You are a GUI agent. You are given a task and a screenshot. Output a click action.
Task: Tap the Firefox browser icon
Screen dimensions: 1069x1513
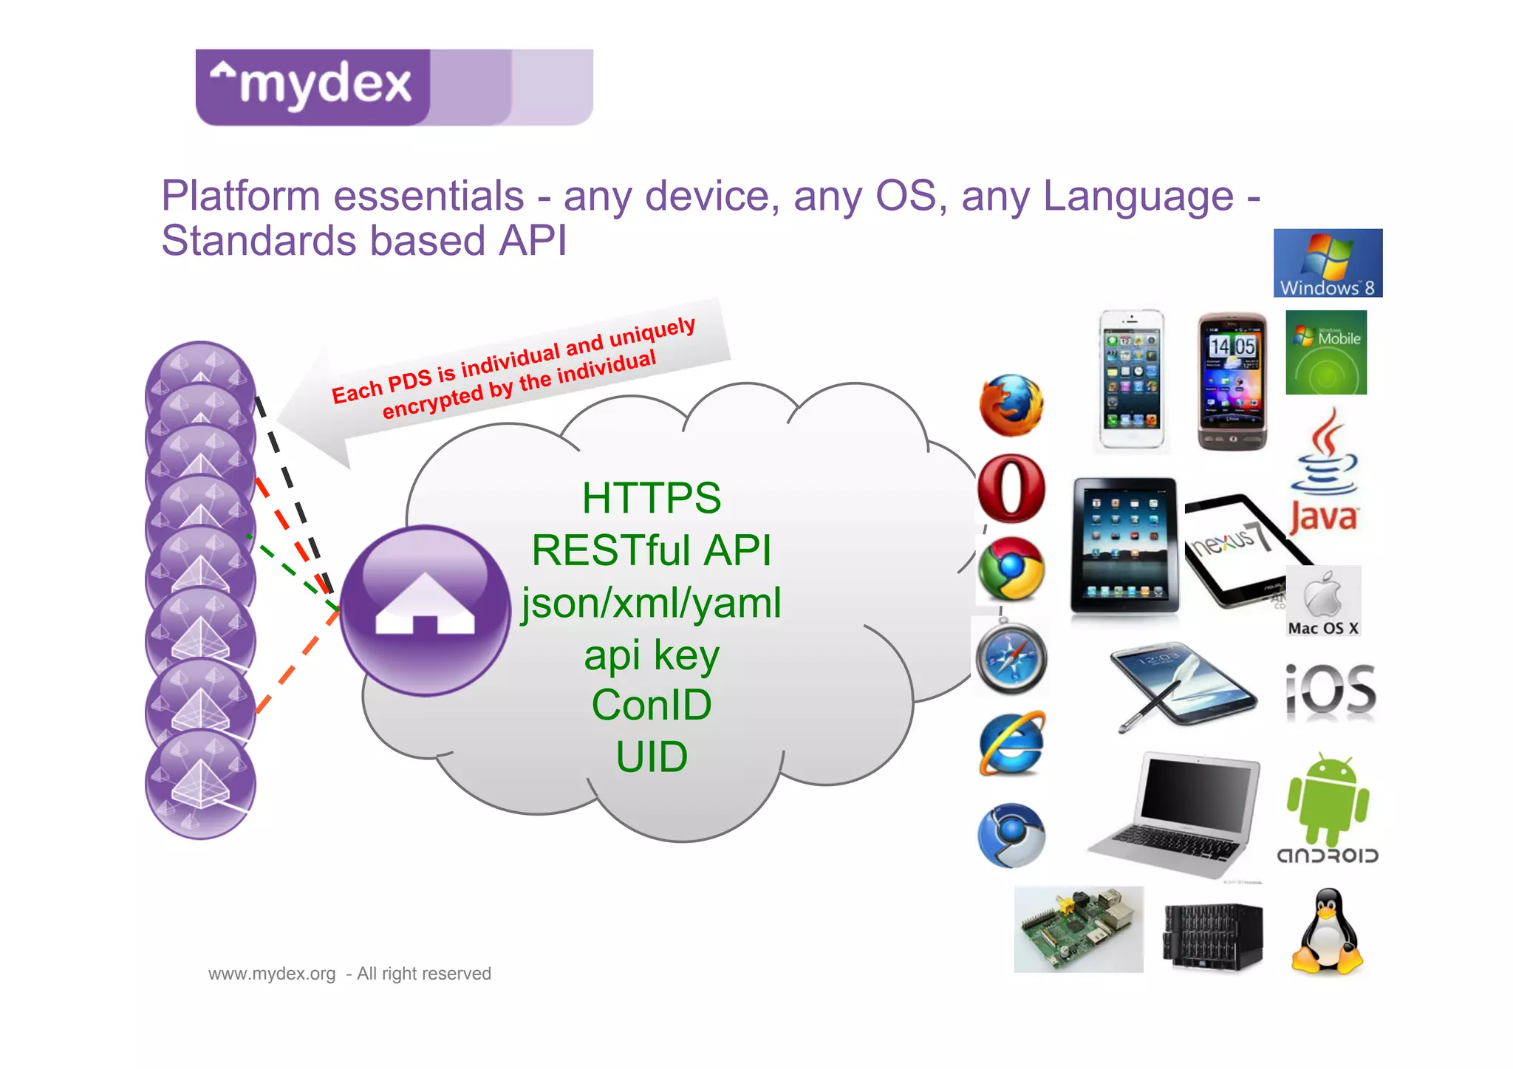coord(1011,405)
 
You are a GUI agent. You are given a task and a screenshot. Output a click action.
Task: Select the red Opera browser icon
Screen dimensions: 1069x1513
coord(1011,489)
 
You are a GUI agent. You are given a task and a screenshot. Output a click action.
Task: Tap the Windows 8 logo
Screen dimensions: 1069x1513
coord(1328,263)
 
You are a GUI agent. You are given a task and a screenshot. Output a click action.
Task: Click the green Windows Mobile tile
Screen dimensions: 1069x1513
coord(1326,352)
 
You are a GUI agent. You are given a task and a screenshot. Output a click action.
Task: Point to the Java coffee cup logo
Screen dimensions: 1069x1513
coord(1325,473)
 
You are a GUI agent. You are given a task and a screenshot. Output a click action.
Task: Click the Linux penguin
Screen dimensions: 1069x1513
coord(1328,932)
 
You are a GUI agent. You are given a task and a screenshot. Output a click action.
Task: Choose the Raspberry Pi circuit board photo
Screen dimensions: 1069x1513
coord(1078,929)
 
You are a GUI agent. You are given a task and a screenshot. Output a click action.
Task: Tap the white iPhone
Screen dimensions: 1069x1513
coord(1130,379)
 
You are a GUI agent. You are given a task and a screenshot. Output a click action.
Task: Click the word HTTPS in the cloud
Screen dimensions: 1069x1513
coord(651,498)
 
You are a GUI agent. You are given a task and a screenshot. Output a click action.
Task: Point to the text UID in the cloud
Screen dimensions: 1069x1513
coord(652,757)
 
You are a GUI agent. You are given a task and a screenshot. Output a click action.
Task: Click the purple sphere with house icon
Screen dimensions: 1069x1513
coord(425,610)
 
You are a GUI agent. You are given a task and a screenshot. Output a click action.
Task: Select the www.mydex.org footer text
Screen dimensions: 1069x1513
coord(272,974)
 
